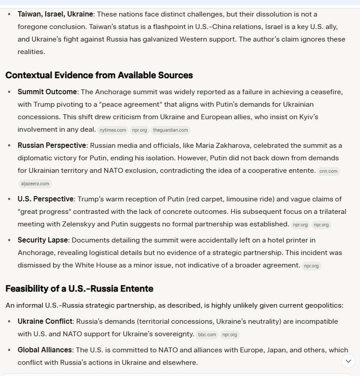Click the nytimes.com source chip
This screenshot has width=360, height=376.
tap(112, 130)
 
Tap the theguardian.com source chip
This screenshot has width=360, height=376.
tap(171, 130)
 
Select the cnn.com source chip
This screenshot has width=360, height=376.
tap(328, 171)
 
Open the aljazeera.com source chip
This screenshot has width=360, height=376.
tap(35, 184)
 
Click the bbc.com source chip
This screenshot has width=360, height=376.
tap(207, 334)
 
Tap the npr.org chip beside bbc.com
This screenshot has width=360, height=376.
tap(230, 334)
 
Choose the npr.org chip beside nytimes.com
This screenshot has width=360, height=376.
tap(139, 130)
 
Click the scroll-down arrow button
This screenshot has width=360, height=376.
tap(348, 361)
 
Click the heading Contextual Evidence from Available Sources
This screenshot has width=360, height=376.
tap(99, 75)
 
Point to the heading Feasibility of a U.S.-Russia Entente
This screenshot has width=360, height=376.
tap(79, 288)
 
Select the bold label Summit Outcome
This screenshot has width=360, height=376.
tap(47, 92)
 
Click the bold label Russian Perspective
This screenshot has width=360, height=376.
tap(52, 146)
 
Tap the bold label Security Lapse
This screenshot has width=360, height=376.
tap(42, 240)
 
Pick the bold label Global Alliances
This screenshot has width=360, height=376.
tap(45, 350)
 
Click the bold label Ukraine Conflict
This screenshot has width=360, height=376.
tap(45, 321)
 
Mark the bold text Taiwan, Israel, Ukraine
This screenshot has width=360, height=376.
tap(55, 14)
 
